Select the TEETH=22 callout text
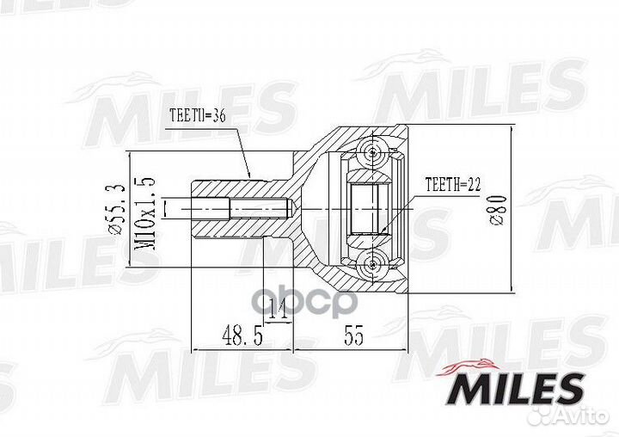click(452, 184)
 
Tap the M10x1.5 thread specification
click(146, 209)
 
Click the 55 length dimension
click(352, 337)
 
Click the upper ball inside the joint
click(372, 154)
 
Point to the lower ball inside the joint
click(372, 262)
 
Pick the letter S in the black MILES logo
click(567, 389)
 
